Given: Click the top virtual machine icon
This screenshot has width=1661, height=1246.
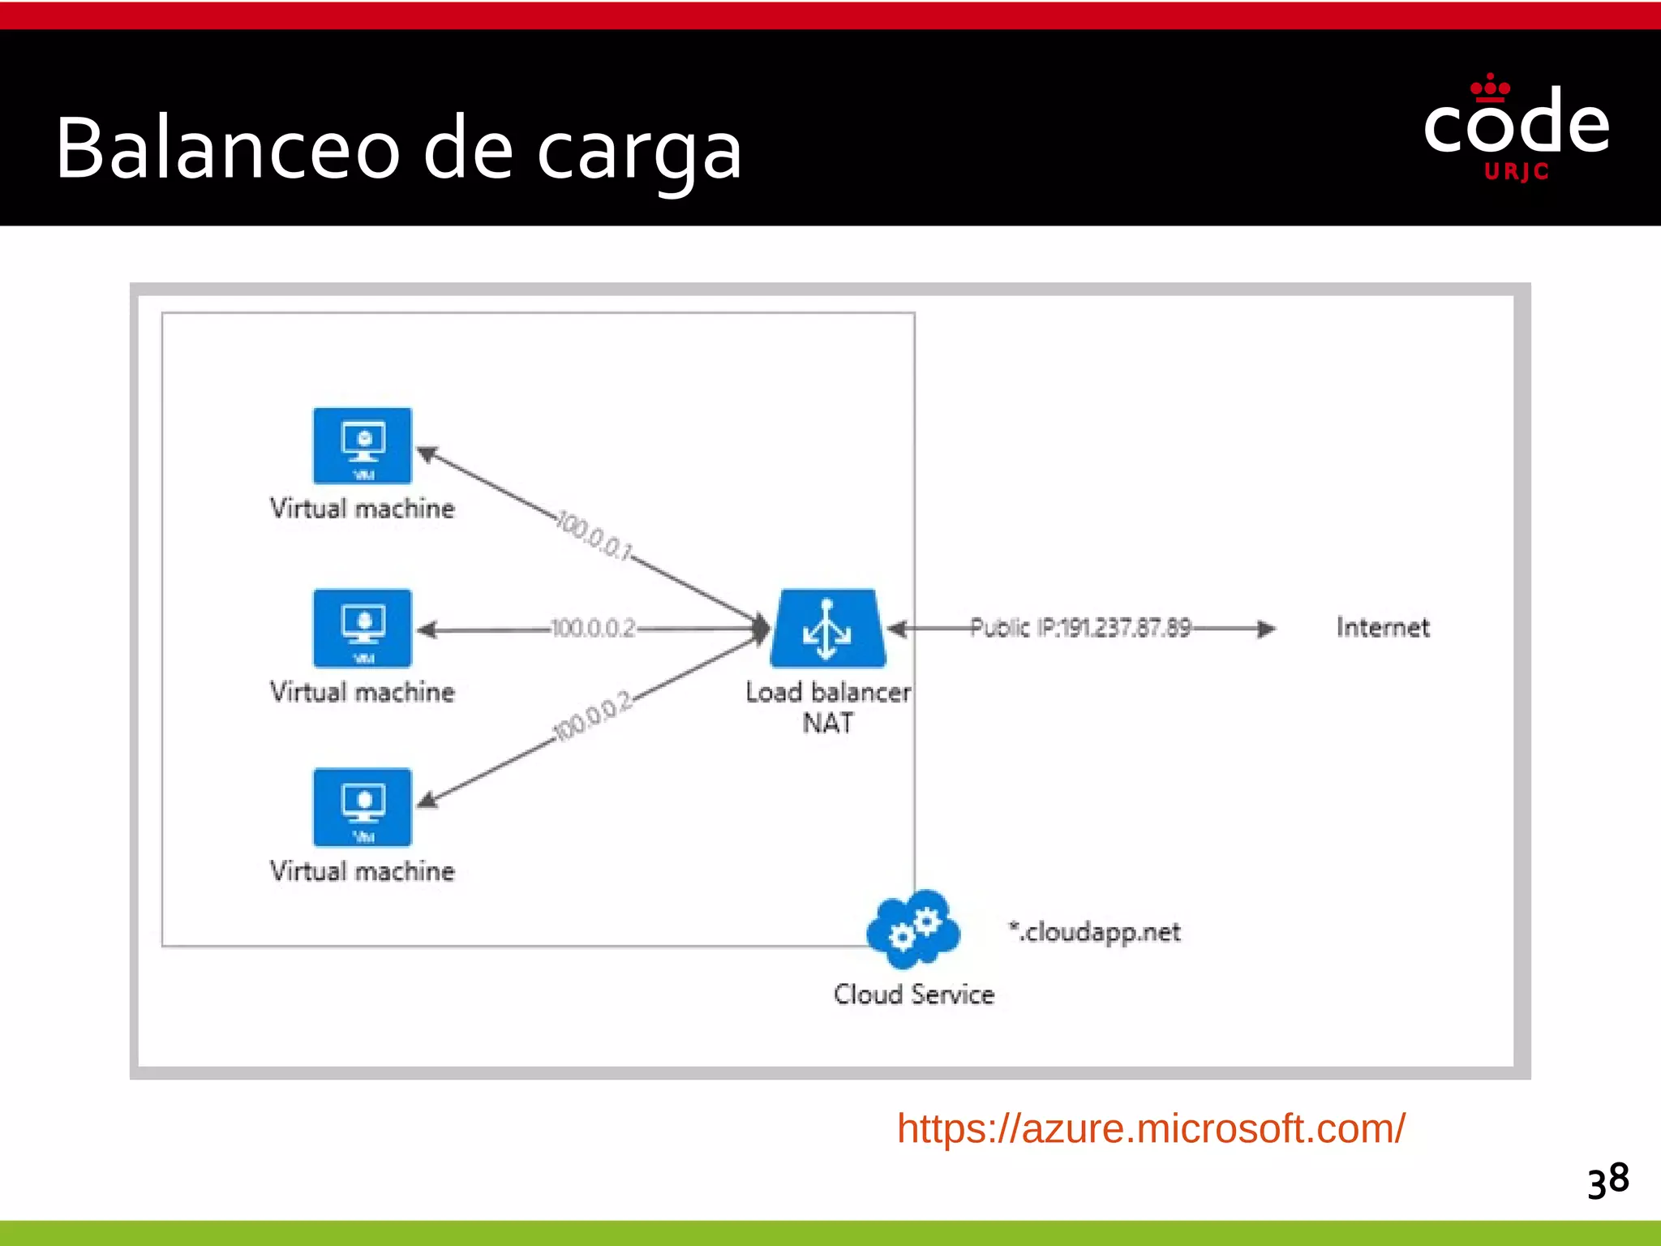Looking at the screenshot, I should pyautogui.click(x=363, y=445).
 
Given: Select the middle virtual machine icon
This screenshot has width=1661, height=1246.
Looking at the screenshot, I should pyautogui.click(x=363, y=628).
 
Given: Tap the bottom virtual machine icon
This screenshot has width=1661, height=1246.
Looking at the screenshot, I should pyautogui.click(x=363, y=807).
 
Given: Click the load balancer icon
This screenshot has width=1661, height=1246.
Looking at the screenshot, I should pyautogui.click(x=827, y=629).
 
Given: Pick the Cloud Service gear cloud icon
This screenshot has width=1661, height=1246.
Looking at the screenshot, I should pyautogui.click(x=913, y=930).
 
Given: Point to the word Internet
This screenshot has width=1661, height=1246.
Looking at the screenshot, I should pyautogui.click(x=1383, y=627).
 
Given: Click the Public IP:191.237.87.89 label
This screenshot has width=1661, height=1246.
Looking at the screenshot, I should pyautogui.click(x=1080, y=628).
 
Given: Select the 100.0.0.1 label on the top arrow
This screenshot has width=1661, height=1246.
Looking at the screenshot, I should pyautogui.click(x=594, y=535).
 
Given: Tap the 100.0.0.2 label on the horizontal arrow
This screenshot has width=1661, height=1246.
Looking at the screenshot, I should pyautogui.click(x=593, y=629).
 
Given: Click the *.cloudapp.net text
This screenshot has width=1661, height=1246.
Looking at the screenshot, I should pyautogui.click(x=1095, y=932).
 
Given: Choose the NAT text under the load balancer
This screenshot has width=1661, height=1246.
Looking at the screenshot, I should pyautogui.click(x=827, y=723).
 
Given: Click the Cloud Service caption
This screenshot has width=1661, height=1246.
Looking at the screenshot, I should pyautogui.click(x=914, y=995).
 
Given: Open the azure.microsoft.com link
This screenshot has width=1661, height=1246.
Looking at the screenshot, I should pyautogui.click(x=1150, y=1128).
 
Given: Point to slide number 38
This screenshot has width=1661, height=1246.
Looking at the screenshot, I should pyautogui.click(x=1608, y=1179).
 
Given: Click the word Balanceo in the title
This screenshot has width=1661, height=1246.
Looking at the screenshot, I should pyautogui.click(x=228, y=148).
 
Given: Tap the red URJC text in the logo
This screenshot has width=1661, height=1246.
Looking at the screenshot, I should pyautogui.click(x=1517, y=172).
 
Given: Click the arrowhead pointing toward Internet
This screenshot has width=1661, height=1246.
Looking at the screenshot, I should pyautogui.click(x=1265, y=629).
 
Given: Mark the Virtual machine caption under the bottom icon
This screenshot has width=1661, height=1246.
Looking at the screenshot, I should pyautogui.click(x=363, y=871).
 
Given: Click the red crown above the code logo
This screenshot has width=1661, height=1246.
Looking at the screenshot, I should pyautogui.click(x=1490, y=87).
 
